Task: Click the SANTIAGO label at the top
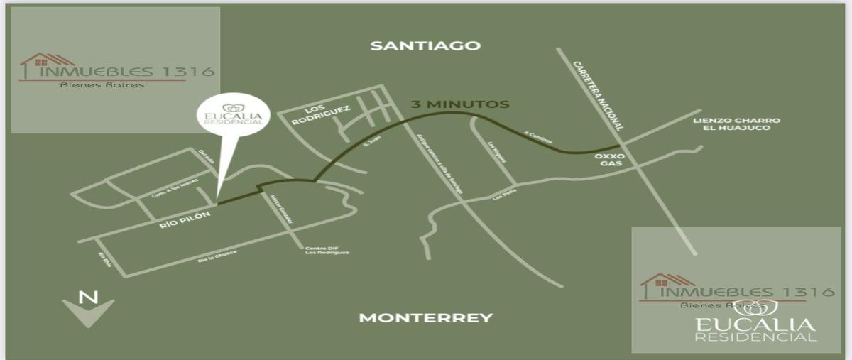[x=426, y=45]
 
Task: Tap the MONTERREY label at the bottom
[x=425, y=317]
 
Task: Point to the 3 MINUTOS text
[x=460, y=104]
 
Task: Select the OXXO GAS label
[x=609, y=159]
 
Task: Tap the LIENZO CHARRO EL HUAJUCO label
[x=736, y=125]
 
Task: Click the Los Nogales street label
[x=497, y=153]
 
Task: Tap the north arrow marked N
[x=88, y=308]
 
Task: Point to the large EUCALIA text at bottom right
[x=755, y=325]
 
